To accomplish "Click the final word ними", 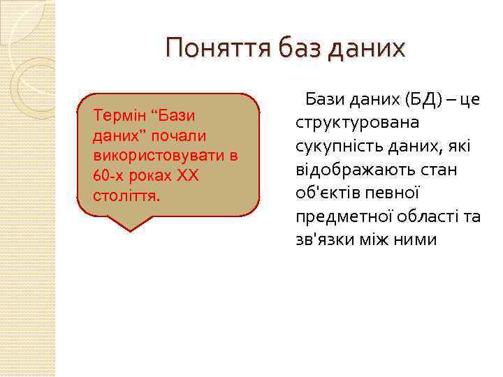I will click(x=418, y=239).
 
